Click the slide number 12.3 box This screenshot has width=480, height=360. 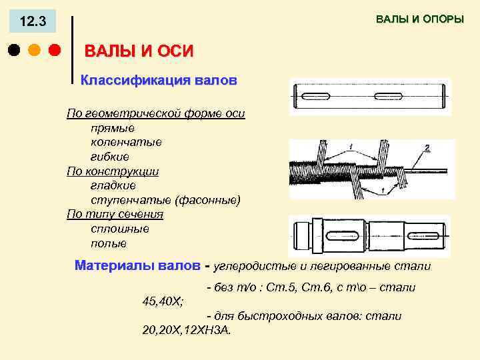(x=33, y=22)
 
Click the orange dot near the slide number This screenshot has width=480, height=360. (x=34, y=50)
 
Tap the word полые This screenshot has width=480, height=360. (x=109, y=243)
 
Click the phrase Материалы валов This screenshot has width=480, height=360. (x=137, y=265)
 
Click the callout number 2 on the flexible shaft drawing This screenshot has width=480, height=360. (x=427, y=147)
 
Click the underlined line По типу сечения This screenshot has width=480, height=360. (x=115, y=214)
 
